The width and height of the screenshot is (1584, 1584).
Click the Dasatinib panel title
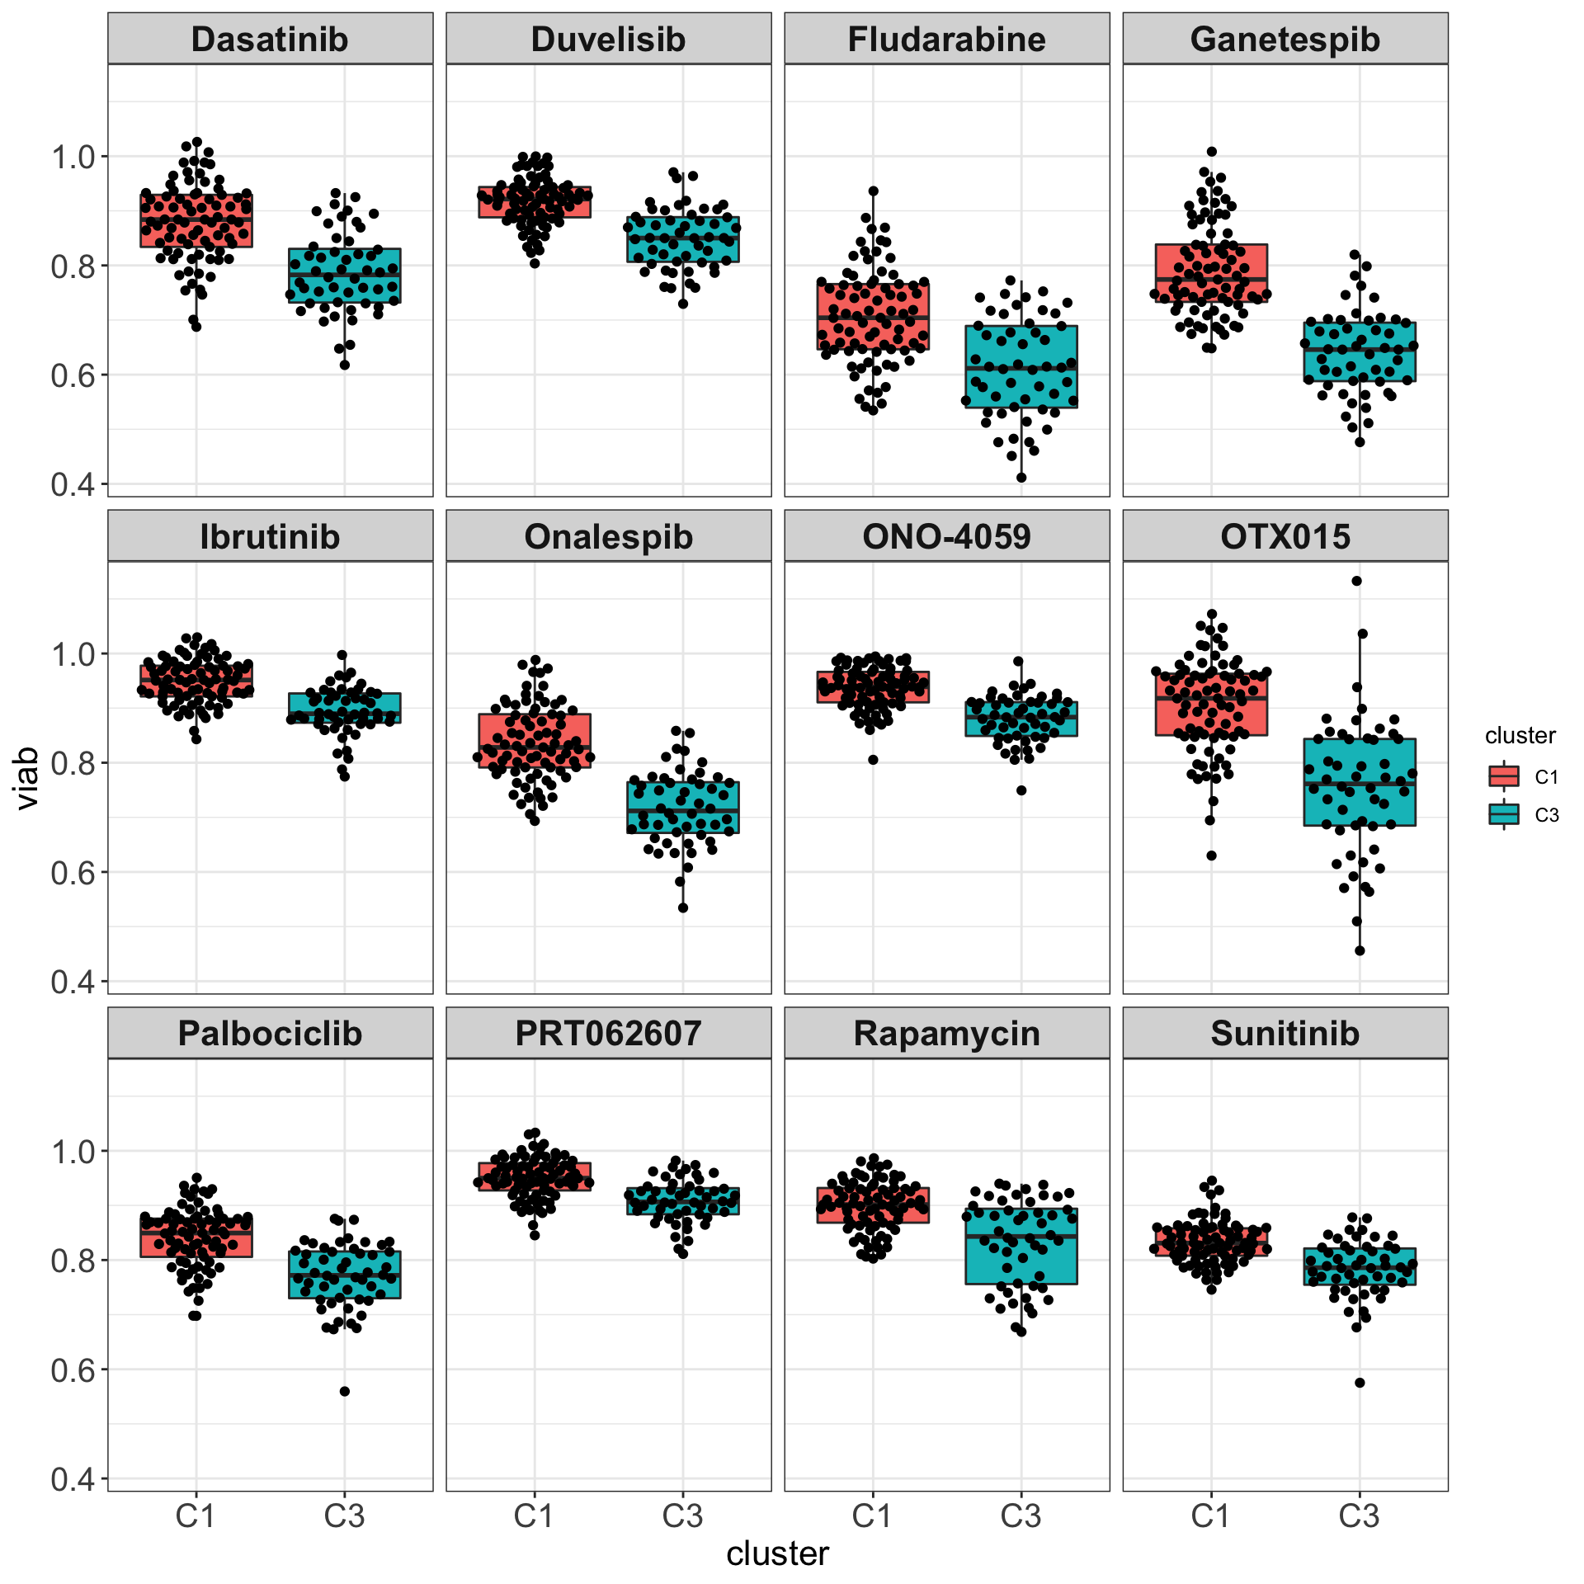click(x=270, y=40)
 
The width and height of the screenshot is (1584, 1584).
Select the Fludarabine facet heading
click(x=946, y=40)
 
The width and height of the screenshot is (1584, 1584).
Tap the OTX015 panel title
click(x=1285, y=537)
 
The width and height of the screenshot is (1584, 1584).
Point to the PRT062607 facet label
click(x=608, y=1034)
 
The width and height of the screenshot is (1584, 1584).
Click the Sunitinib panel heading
click(x=1285, y=1034)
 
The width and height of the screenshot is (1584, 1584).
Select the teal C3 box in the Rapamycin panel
click(x=1021, y=1246)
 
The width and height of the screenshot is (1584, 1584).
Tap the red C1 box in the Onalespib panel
click(x=535, y=740)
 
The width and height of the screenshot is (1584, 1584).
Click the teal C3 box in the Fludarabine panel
click(x=1021, y=366)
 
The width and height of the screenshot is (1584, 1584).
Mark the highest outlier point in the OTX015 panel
click(x=1356, y=581)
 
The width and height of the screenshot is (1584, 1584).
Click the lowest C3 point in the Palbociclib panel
click(x=345, y=1392)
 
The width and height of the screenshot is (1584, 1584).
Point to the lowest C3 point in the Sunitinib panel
click(x=1360, y=1383)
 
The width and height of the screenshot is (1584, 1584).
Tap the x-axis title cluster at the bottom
click(x=777, y=1553)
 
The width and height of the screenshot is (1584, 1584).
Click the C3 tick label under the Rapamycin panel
click(x=1021, y=1516)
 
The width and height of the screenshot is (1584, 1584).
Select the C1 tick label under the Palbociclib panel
click(x=196, y=1516)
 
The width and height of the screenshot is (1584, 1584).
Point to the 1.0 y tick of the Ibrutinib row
click(x=74, y=654)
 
